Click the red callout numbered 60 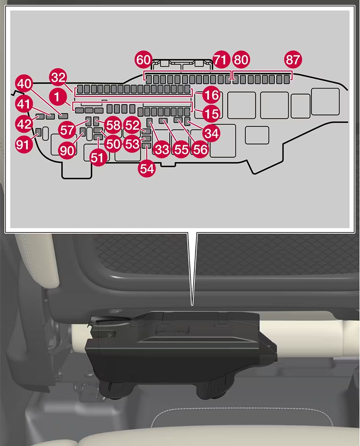[x=144, y=59]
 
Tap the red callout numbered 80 [x=241, y=59]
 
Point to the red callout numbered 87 [x=293, y=59]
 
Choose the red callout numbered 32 [x=58, y=77]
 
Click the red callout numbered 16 [x=211, y=95]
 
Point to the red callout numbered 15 [x=211, y=113]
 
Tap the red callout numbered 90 [x=67, y=150]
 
